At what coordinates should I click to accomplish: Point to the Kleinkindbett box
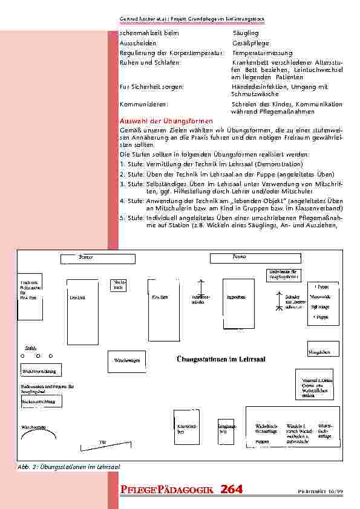click(x=186, y=429)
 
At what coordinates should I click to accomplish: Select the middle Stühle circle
click(x=37, y=355)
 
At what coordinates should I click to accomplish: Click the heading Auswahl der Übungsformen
click(x=166, y=122)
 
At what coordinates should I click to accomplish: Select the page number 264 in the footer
click(x=231, y=490)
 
